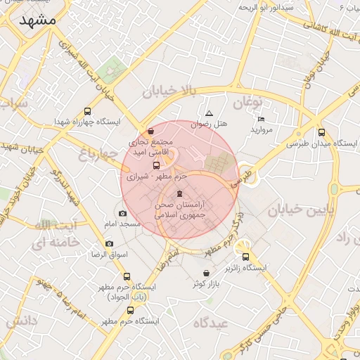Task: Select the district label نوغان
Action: pos(247,103)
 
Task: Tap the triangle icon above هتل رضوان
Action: pos(209,114)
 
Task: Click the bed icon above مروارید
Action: pos(262,120)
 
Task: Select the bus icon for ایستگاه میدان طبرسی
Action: pos(321,132)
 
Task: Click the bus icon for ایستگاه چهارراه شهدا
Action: pos(87,111)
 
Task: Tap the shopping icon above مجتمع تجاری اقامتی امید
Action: pos(151,131)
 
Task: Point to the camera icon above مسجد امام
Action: pos(123,213)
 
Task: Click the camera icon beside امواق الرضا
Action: pos(109,243)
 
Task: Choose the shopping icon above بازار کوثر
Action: pos(206,273)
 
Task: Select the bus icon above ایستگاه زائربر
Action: pos(246,257)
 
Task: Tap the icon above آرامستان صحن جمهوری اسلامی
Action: pos(179,194)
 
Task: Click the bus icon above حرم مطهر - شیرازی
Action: pos(156,166)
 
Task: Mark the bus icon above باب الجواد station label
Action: pos(127,276)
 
